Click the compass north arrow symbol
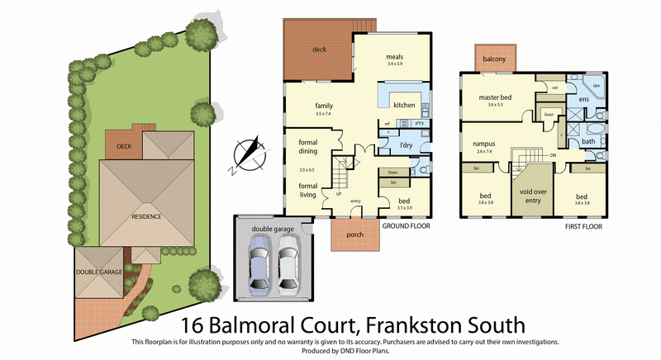pyautogui.click(x=245, y=155)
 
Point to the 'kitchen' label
pyautogui.click(x=403, y=105)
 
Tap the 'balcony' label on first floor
pyautogui.click(x=495, y=59)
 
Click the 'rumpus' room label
pyautogui.click(x=483, y=143)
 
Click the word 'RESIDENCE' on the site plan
pyautogui.click(x=145, y=216)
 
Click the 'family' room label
pyautogui.click(x=322, y=106)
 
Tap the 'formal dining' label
pyautogui.click(x=308, y=146)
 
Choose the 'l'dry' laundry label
pyautogui.click(x=405, y=145)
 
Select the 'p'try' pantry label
pyautogui.click(x=419, y=123)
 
